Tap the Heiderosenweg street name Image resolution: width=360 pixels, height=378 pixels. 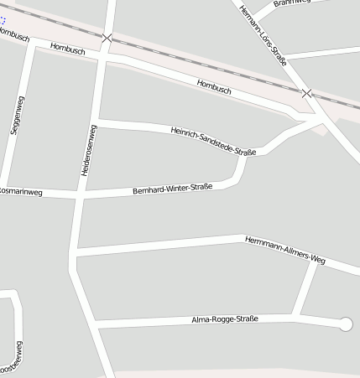(87, 150)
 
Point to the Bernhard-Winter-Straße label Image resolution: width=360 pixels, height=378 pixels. (173, 189)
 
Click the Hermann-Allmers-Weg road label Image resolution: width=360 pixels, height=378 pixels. (284, 250)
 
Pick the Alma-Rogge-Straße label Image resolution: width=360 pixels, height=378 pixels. (224, 319)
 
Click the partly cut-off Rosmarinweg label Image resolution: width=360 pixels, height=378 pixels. (20, 192)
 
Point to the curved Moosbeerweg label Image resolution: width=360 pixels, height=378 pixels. (13, 359)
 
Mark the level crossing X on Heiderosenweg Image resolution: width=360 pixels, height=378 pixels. (107, 38)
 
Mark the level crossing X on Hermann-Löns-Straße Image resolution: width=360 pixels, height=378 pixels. (307, 92)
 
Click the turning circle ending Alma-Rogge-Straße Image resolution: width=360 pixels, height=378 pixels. (345, 324)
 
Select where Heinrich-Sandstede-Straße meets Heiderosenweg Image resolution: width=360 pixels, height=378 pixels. (99, 123)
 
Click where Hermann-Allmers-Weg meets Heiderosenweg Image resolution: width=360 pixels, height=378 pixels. (75, 251)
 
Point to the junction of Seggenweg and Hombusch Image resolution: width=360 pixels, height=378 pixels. (32, 44)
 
